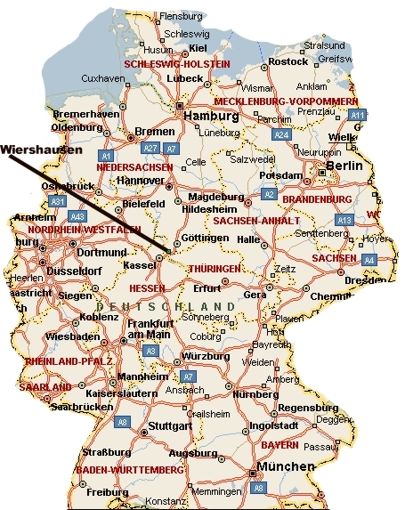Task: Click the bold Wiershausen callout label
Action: pos(45,150)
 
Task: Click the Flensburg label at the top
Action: pos(181,16)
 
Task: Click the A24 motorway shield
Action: pos(281,134)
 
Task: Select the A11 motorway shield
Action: pos(358,116)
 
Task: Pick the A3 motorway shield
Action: pos(151,352)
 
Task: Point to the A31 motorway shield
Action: pos(58,202)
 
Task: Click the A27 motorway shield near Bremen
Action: pos(150,148)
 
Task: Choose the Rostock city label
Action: pos(288,61)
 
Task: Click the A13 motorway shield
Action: pos(344,220)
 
